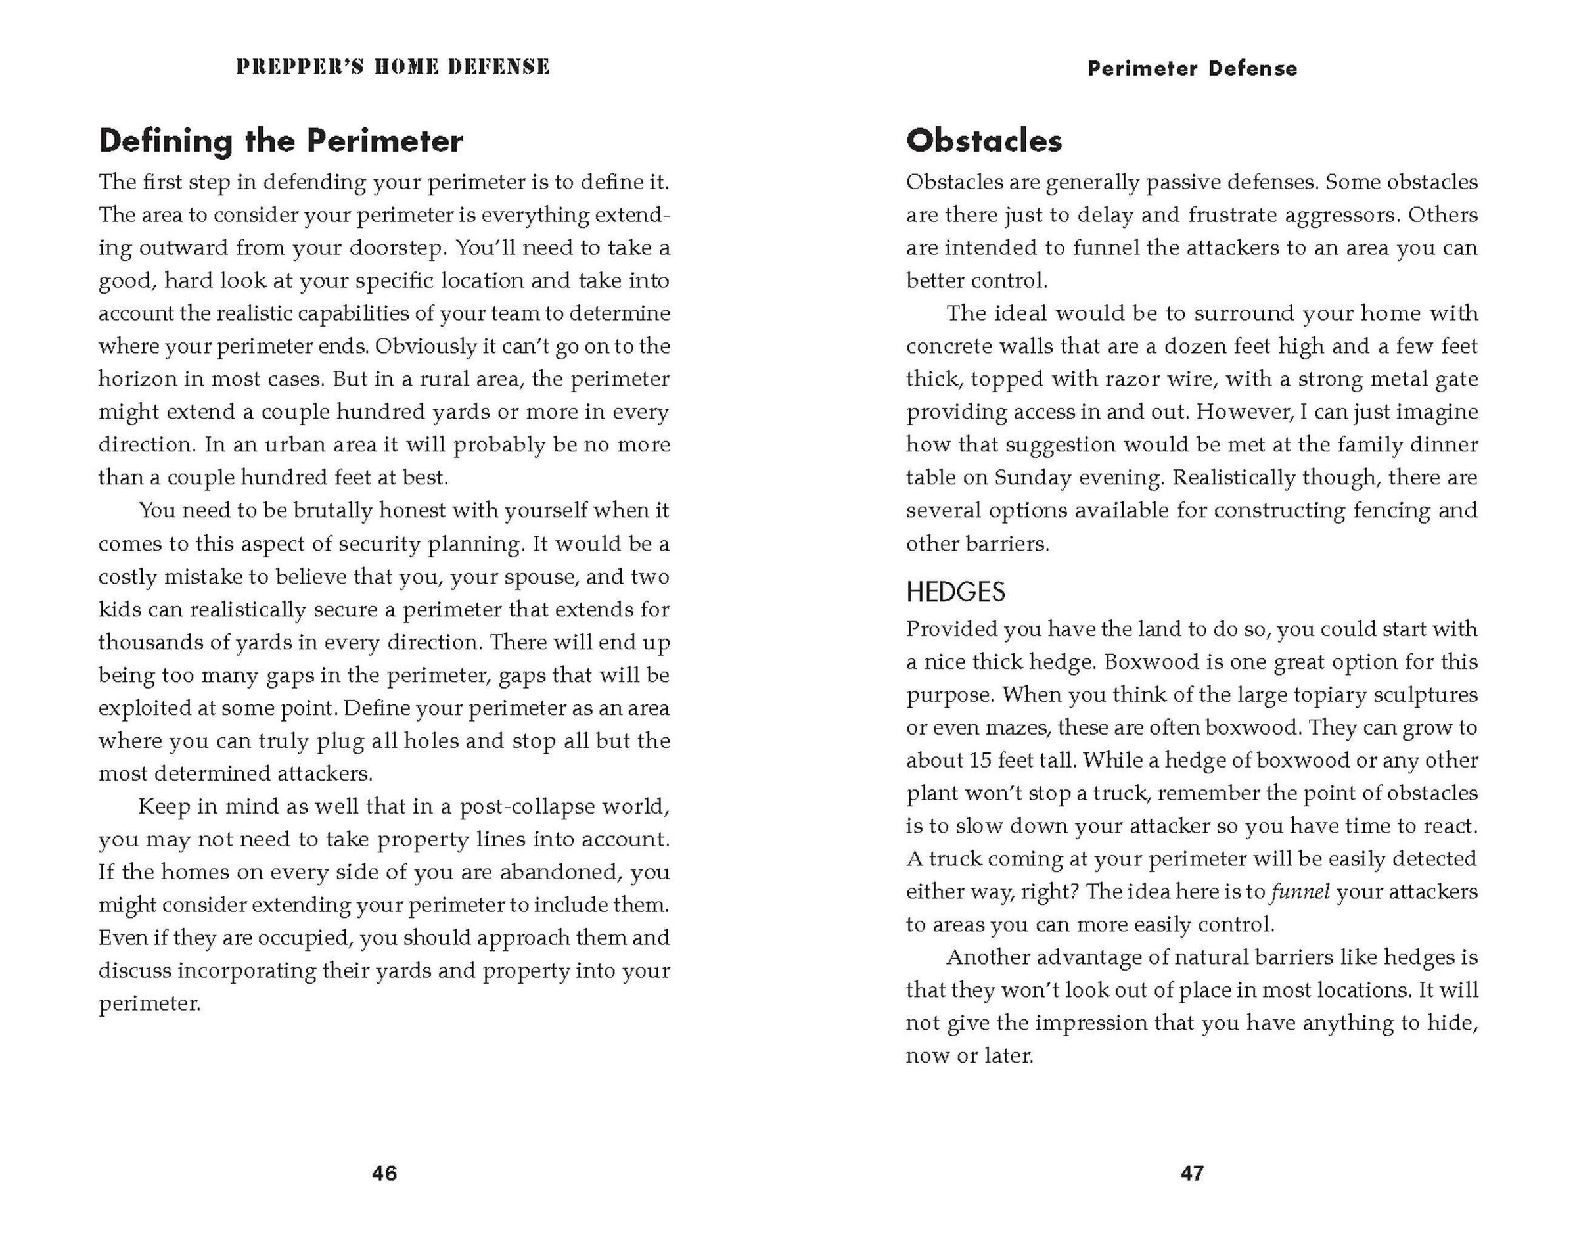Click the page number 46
point(384,1173)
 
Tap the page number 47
point(1192,1173)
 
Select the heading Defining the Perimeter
point(281,141)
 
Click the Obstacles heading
point(984,141)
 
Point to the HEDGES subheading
point(955,592)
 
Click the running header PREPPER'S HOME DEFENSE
point(393,67)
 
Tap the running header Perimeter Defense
point(1192,68)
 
